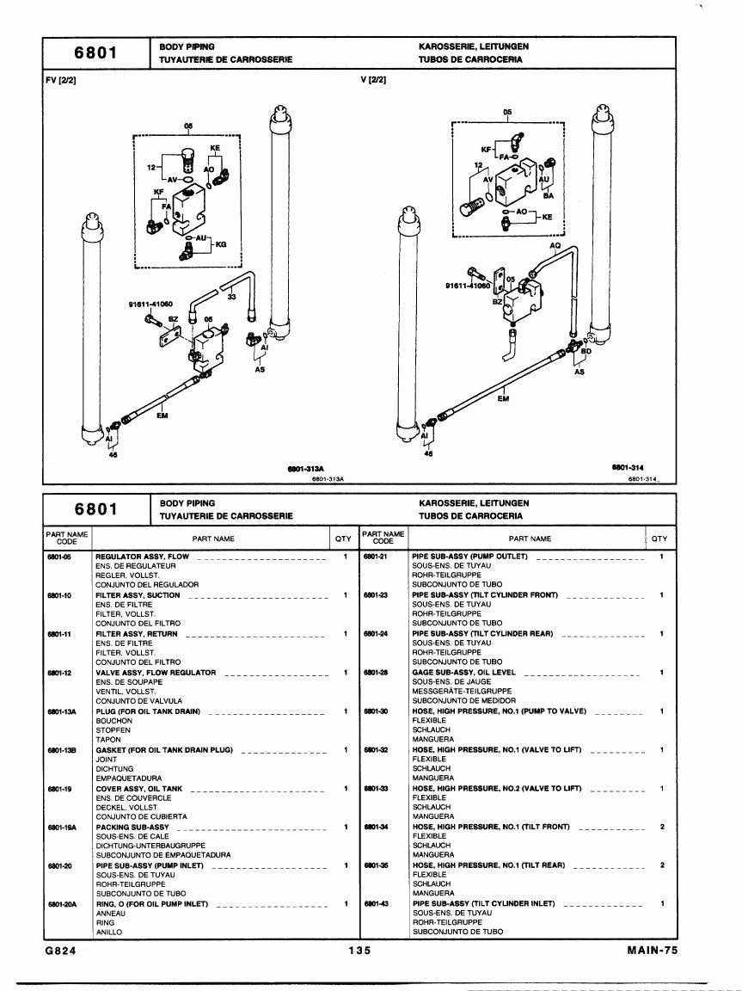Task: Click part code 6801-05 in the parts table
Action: [x=58, y=557]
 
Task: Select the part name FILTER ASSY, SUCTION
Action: [x=138, y=595]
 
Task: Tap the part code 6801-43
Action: [x=375, y=904]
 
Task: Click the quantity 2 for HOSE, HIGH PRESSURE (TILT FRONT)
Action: [x=662, y=827]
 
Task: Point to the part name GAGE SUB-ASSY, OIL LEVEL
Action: [x=463, y=673]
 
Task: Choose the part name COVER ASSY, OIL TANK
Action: [x=139, y=789]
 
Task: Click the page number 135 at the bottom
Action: [x=359, y=951]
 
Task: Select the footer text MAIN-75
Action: [x=652, y=950]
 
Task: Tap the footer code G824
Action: [x=61, y=951]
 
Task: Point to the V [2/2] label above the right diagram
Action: [x=373, y=80]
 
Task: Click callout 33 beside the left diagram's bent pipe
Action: [x=232, y=296]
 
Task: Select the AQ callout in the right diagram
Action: [x=555, y=245]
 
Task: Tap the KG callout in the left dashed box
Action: [x=221, y=244]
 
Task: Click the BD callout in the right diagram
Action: [x=586, y=351]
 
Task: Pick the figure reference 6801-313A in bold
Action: [x=305, y=469]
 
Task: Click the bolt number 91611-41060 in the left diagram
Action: [x=150, y=304]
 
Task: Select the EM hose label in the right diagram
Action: [x=503, y=399]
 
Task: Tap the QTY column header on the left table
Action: [x=343, y=539]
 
